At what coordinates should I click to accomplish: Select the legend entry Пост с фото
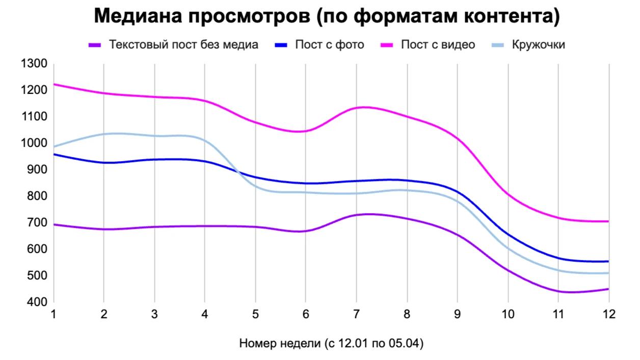329,45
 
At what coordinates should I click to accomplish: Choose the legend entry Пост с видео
438,45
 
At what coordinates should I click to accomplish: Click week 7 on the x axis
356,315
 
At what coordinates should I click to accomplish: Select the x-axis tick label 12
608,315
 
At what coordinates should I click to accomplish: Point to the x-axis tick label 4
205,315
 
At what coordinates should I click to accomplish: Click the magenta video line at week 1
54,84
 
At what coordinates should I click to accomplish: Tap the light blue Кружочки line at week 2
104,134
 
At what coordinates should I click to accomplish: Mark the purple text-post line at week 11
558,291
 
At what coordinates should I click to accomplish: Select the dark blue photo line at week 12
608,262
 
